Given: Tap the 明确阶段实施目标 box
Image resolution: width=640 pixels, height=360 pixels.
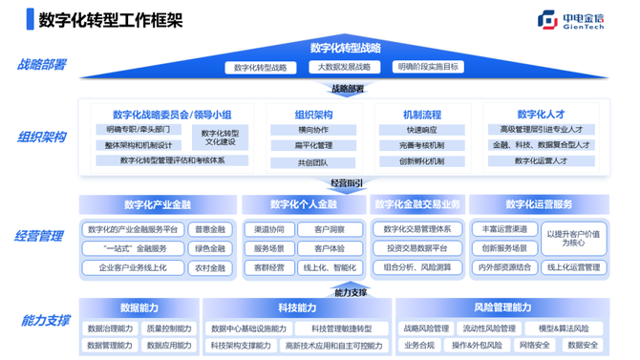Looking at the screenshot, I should tap(427, 68).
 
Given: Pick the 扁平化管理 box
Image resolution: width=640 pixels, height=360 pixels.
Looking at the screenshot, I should tap(314, 145).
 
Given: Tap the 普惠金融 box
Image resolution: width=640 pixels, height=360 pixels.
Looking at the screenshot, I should tap(209, 230).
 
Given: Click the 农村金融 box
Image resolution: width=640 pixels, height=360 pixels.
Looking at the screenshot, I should tap(209, 268).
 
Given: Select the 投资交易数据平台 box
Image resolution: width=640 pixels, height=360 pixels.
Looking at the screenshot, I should tap(416, 248).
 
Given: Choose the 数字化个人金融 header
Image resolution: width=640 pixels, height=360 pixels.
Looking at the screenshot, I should tap(303, 204).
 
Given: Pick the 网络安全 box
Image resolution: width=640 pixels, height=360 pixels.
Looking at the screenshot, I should tap(533, 345).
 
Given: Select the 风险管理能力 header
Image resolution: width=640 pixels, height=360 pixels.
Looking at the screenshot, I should tap(501, 307).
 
